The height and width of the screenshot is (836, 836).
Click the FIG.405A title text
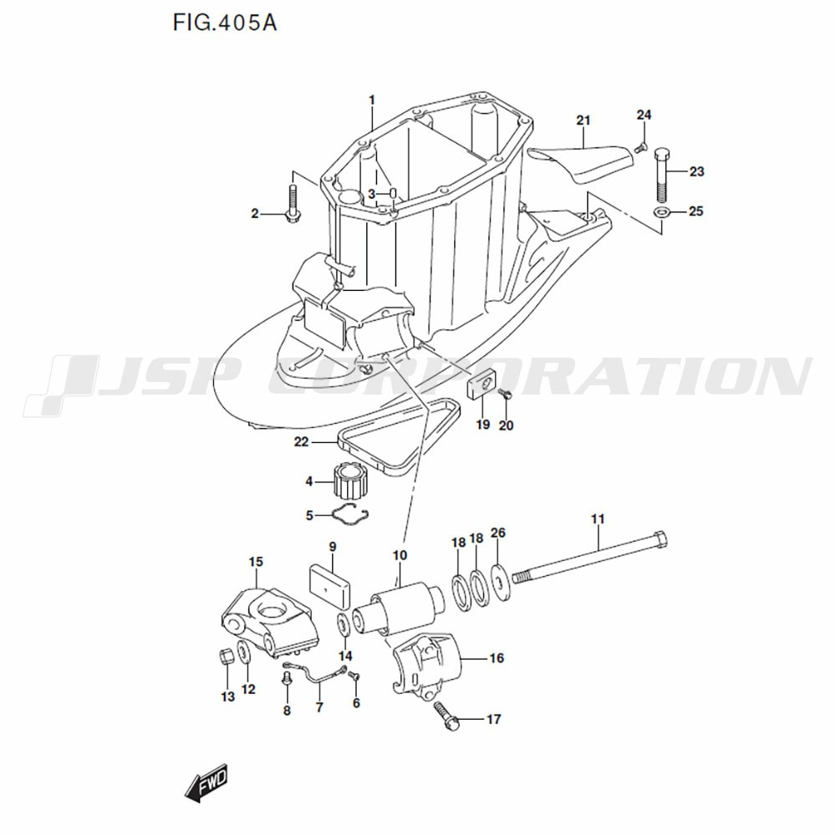point(224,23)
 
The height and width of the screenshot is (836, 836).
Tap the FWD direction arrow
point(205,783)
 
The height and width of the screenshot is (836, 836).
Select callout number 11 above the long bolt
point(597,519)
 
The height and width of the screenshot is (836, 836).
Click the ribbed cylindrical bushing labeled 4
point(349,482)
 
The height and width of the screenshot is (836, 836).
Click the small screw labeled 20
point(504,394)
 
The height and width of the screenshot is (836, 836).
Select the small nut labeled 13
point(226,656)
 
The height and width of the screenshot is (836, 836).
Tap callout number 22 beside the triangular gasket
point(301,441)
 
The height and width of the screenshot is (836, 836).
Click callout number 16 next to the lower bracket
point(497,658)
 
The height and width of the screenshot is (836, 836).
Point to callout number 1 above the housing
point(372,100)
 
